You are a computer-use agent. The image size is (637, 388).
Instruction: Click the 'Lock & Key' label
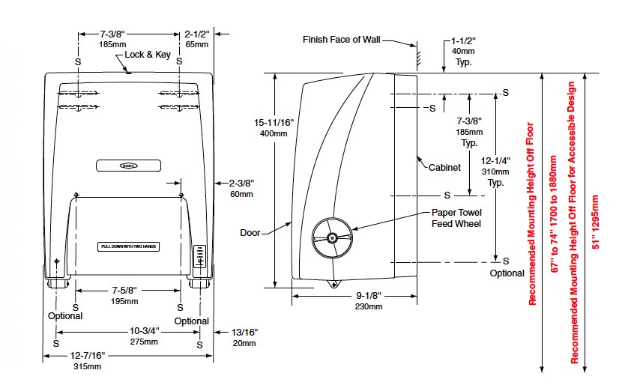149,55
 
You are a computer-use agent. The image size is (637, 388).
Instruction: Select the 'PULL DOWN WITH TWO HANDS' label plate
127,246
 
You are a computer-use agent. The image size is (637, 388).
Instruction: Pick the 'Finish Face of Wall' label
342,39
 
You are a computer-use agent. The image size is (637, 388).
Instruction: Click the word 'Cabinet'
444,168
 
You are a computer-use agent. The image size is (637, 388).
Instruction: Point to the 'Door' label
250,233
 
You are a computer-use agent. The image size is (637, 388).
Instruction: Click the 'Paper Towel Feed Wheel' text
456,217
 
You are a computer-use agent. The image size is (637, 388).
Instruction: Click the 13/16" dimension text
244,331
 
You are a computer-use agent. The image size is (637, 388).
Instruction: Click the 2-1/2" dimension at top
199,34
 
